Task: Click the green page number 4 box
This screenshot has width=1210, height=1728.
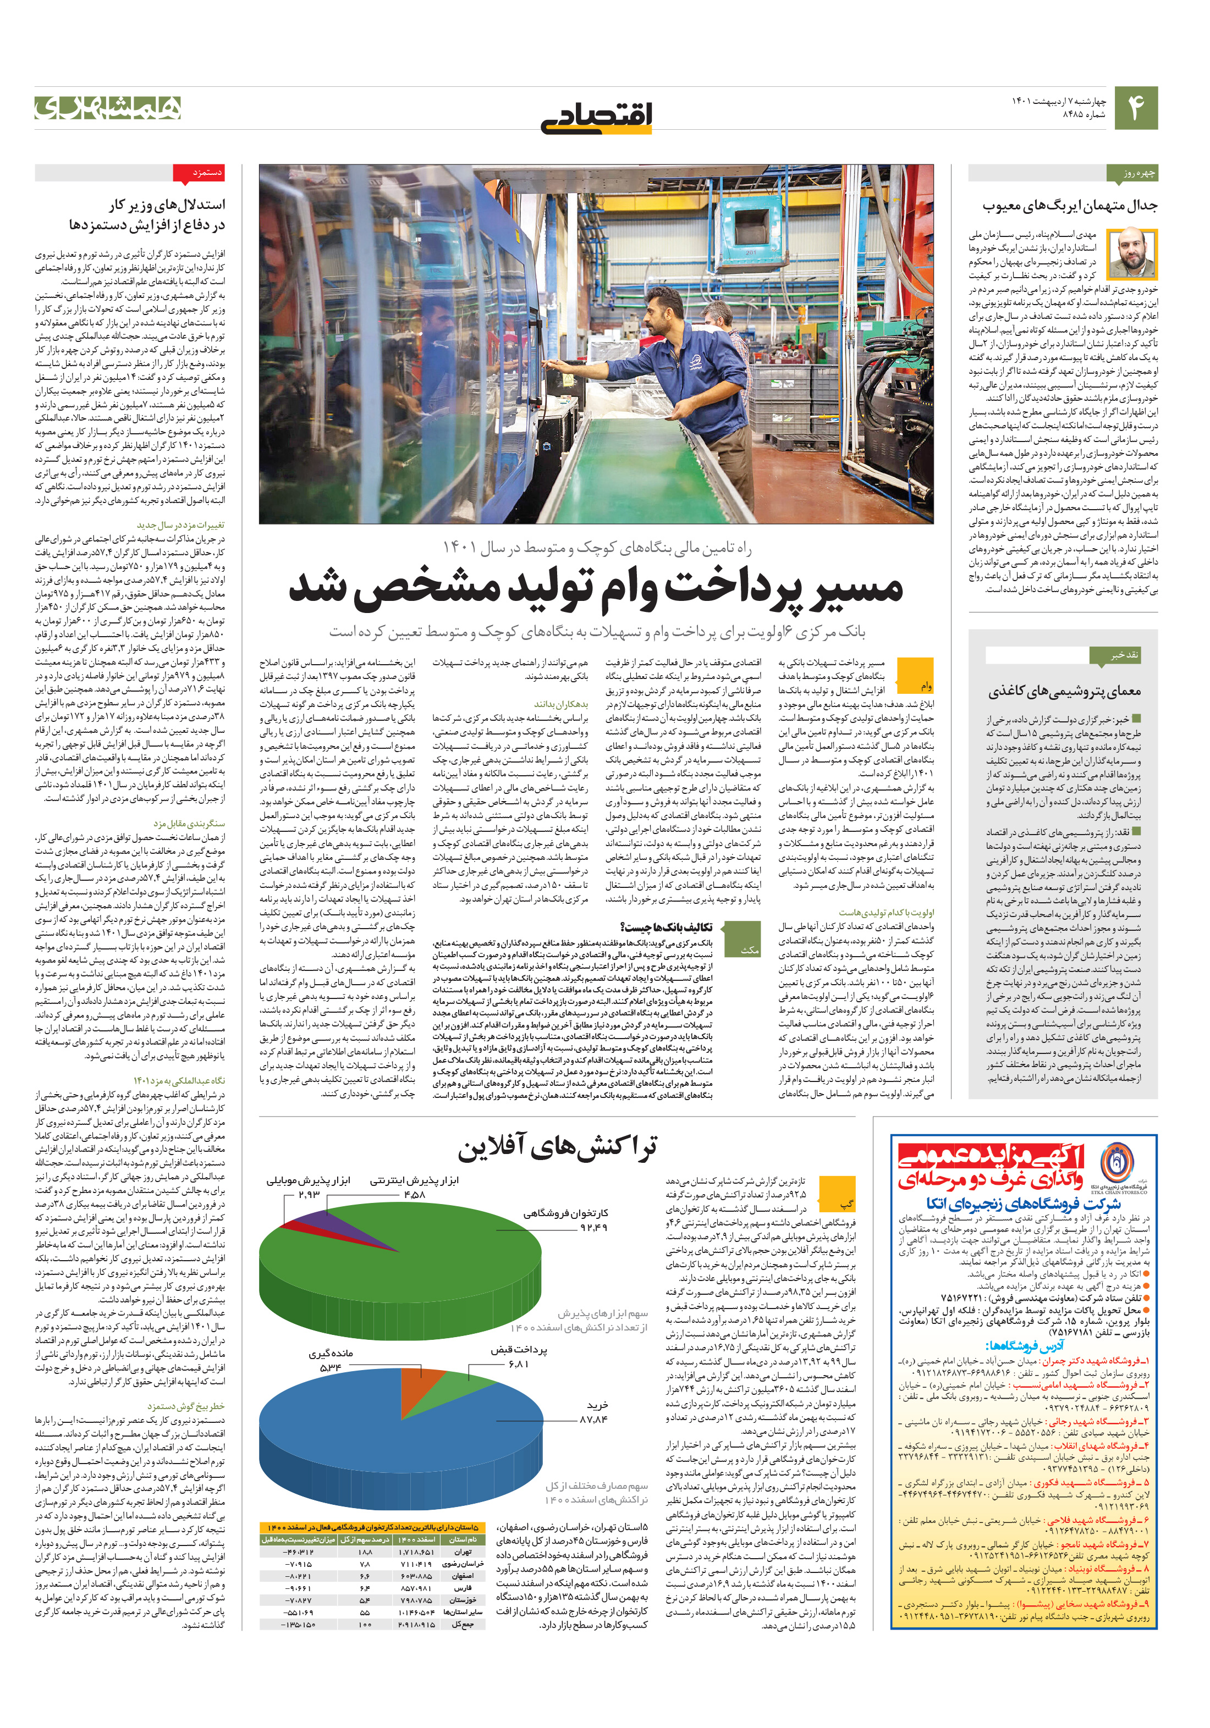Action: tap(1135, 108)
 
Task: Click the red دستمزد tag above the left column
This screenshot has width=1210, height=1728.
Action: tap(199, 174)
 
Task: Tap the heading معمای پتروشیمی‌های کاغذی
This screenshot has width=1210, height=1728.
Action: tap(1065, 691)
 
